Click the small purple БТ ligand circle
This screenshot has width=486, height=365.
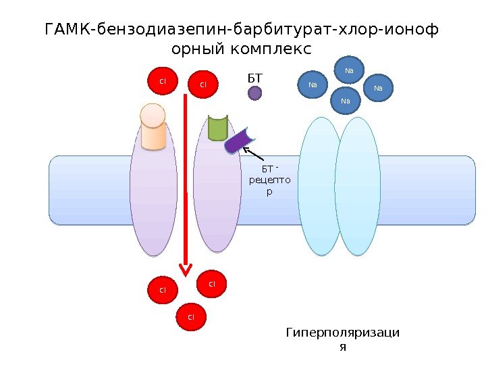254,93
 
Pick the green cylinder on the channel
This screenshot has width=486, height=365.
217,126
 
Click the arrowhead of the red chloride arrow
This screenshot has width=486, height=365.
185,268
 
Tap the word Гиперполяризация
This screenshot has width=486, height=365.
342,339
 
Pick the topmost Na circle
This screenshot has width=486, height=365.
349,70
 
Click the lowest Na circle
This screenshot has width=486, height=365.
346,101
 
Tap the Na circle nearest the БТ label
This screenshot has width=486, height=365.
313,85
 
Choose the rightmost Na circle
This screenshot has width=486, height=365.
378,88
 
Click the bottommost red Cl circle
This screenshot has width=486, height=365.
190,316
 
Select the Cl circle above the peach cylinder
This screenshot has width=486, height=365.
162,81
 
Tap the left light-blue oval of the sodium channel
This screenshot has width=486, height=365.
319,186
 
